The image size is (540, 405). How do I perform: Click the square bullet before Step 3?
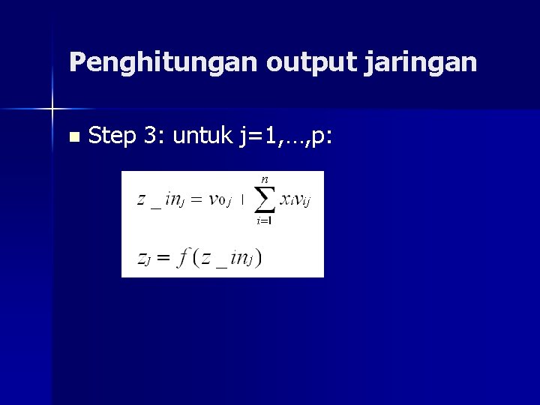pyautogui.click(x=73, y=138)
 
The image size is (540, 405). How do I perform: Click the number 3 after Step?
pyautogui.click(x=152, y=136)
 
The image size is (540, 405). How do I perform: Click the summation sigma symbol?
pyautogui.click(x=262, y=201)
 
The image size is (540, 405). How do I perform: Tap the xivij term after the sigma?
pyautogui.click(x=295, y=199)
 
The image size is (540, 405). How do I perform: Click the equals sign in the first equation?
pyautogui.click(x=196, y=200)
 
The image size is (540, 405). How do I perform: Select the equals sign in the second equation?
pyautogui.click(x=164, y=257)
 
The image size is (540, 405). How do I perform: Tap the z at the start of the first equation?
pyautogui.click(x=141, y=200)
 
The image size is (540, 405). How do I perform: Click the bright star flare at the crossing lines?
pyautogui.click(x=52, y=109)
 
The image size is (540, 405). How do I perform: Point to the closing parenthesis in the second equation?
pyautogui.click(x=259, y=258)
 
